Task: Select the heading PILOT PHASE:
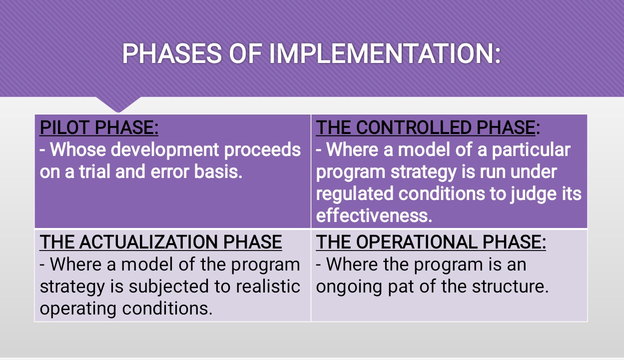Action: coord(99,128)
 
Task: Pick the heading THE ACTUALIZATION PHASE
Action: coord(161,242)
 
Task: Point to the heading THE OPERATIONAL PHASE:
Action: coord(431,242)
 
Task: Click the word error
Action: coord(170,172)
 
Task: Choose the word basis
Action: coord(218,171)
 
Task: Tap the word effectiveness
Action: coord(374,215)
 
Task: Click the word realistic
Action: coord(268,286)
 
